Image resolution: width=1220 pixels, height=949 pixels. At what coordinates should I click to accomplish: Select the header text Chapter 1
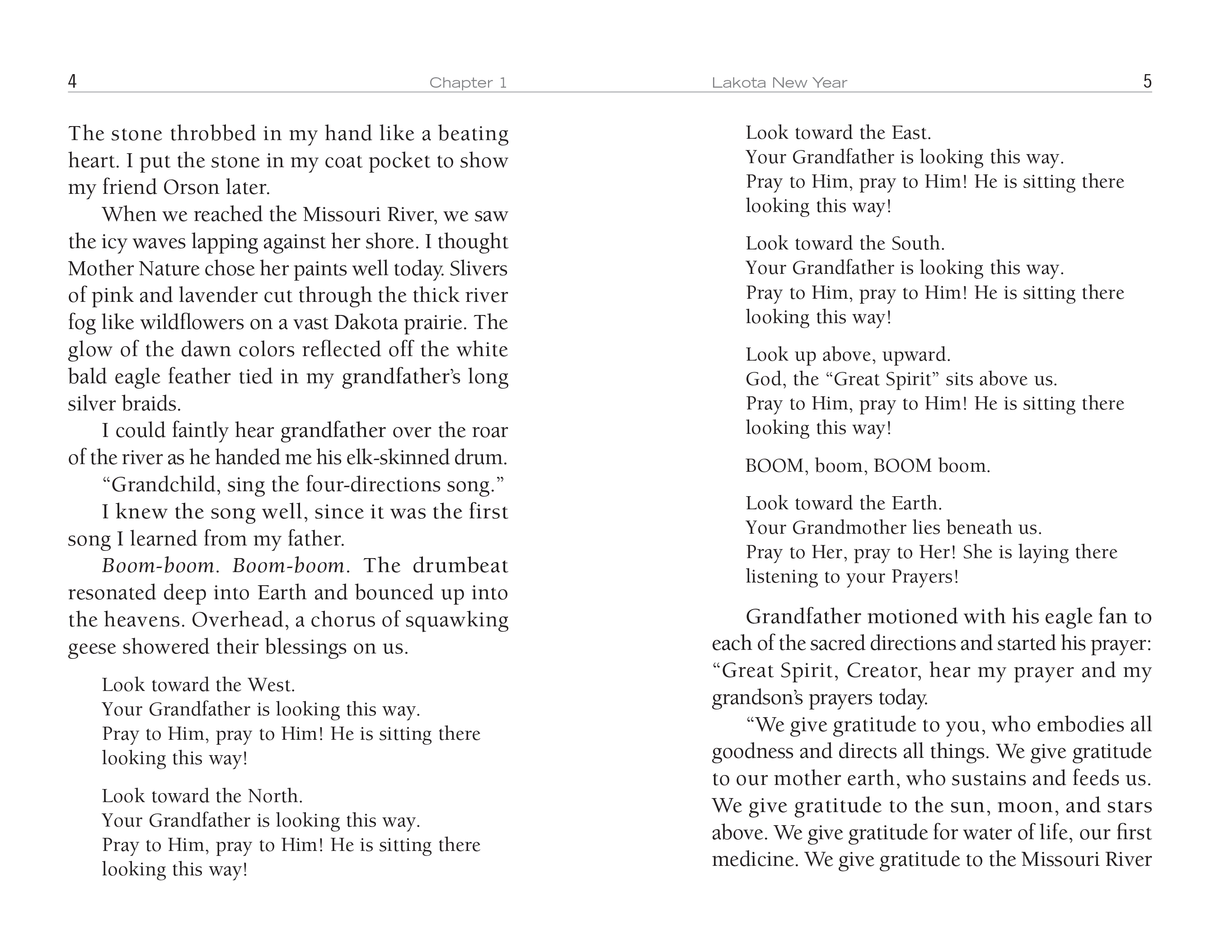[x=468, y=83]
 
